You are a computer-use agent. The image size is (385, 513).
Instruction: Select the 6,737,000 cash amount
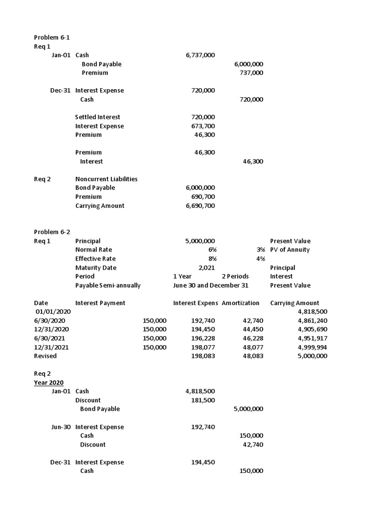200,55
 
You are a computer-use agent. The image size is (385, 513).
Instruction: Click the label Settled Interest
98,117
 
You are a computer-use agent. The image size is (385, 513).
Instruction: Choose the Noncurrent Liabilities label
106,179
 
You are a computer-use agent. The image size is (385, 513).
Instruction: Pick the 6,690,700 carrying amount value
200,205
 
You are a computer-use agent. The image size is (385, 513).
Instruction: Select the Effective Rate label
95,259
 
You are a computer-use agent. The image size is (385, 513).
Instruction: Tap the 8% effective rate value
213,259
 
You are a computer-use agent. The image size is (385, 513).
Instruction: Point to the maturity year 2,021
207,268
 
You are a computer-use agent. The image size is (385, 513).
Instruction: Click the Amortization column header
241,303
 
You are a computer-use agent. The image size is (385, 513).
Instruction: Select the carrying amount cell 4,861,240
312,320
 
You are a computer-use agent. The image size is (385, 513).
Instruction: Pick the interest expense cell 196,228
203,338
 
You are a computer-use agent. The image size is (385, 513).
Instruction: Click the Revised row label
45,356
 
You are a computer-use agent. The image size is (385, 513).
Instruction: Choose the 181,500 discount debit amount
203,400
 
